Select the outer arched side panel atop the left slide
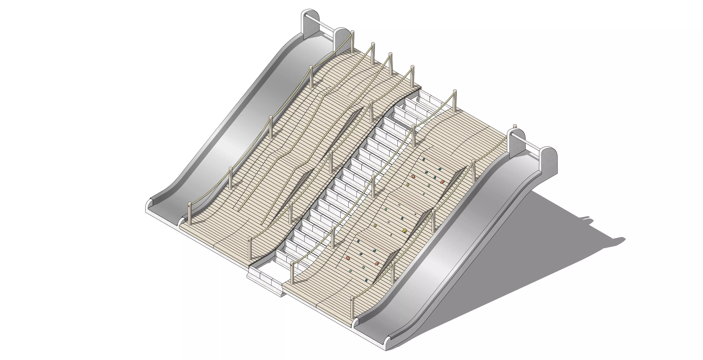pos(310,25)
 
